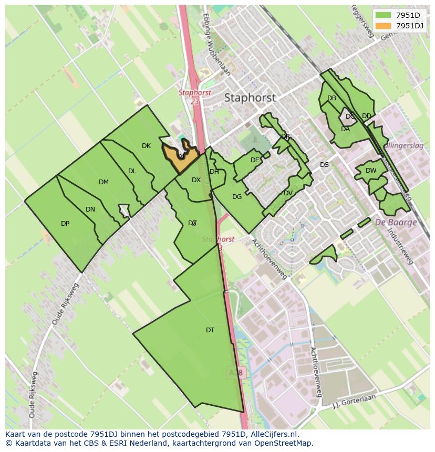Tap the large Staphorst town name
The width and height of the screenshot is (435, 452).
click(250, 98)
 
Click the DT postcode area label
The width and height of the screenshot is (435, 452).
click(210, 330)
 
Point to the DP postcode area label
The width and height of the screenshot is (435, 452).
click(65, 224)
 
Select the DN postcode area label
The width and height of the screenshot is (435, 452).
click(90, 209)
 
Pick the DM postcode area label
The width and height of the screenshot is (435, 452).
click(103, 182)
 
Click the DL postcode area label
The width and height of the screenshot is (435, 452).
click(132, 171)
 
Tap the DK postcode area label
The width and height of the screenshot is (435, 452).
click(146, 146)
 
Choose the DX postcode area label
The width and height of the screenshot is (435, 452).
click(196, 180)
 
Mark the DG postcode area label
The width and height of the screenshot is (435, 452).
click(237, 197)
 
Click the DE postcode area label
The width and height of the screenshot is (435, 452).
click(255, 160)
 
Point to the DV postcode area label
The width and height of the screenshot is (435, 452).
click(288, 193)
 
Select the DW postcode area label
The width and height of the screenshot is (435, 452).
click(371, 171)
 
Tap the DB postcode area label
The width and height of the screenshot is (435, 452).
click(332, 98)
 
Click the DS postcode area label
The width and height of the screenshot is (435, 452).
click(324, 165)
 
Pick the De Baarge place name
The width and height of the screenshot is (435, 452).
click(396, 222)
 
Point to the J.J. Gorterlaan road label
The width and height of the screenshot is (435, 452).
click(355, 401)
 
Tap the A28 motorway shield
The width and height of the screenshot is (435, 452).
click(236, 372)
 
